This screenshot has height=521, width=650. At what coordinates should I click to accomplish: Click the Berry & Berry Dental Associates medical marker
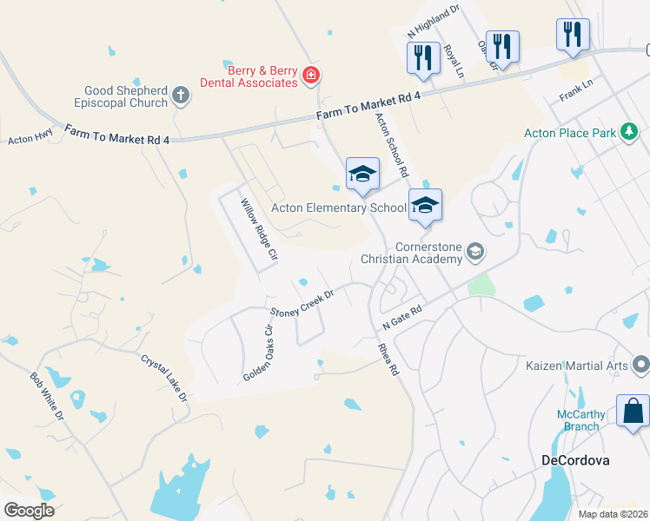[x=310, y=77]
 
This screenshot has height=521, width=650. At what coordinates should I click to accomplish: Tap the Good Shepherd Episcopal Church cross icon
[x=181, y=95]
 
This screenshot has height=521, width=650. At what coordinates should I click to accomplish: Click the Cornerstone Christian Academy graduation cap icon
[x=474, y=252]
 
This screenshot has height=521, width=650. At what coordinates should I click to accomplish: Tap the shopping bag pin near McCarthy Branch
[x=633, y=410]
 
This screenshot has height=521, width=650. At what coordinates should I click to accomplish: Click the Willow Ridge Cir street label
[x=259, y=230]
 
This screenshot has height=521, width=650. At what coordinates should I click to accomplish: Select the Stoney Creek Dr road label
[x=302, y=302]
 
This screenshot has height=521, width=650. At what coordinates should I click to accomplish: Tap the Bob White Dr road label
[x=47, y=395]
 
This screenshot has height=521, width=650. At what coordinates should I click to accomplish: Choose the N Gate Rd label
[x=401, y=316]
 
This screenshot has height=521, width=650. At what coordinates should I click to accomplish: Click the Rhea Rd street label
[x=388, y=357]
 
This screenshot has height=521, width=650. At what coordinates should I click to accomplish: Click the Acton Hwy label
[x=30, y=138]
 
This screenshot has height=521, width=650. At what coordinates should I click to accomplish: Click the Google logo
[x=29, y=511]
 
